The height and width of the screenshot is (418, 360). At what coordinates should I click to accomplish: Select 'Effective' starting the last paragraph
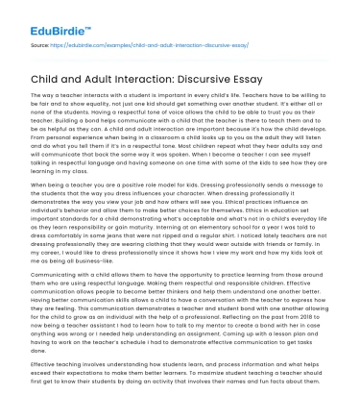(x=45, y=363)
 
